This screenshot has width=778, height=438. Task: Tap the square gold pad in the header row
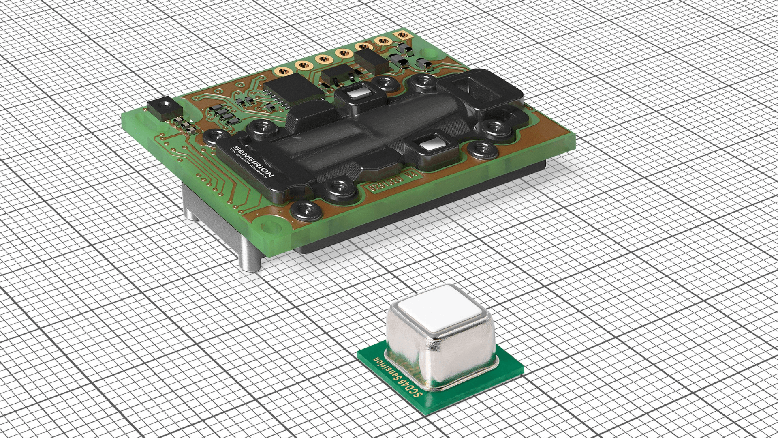pos(402,36)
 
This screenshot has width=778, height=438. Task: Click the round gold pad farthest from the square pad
pos(281,72)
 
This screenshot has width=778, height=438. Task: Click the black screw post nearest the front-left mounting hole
pos(307,211)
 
